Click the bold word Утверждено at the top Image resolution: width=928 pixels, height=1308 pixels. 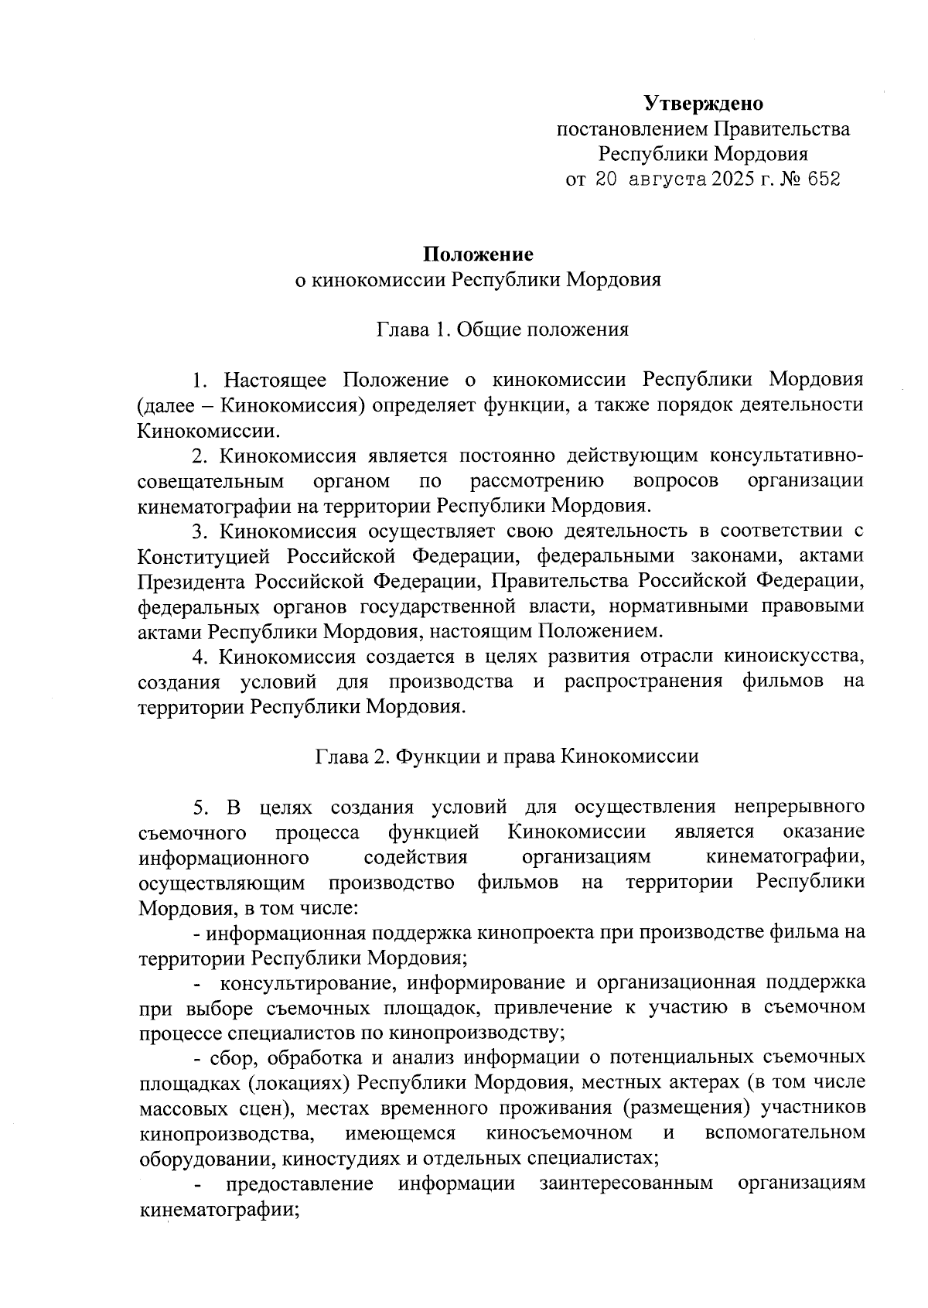point(704,103)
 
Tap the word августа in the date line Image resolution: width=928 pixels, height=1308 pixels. point(668,179)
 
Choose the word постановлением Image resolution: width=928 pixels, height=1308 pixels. point(632,128)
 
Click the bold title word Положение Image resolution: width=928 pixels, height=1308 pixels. point(478,254)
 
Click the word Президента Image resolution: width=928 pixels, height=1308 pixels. point(194,580)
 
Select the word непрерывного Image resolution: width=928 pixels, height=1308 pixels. point(798,808)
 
